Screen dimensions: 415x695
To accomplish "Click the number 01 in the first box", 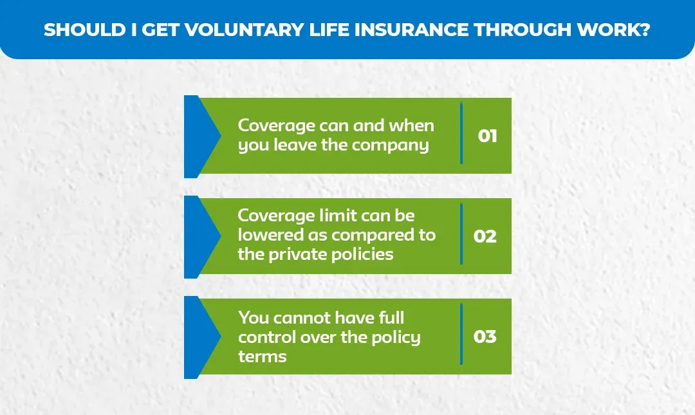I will pos(487,136).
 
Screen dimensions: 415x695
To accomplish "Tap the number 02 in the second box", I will pos(485,236).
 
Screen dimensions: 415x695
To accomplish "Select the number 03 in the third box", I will pos(485,337).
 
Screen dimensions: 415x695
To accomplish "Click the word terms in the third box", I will pos(262,356).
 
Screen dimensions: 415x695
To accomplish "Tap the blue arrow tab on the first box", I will pos(199,136).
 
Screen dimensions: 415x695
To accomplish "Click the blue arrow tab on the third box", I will pos(199,337).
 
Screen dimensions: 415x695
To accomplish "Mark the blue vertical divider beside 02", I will pos(461,234).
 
